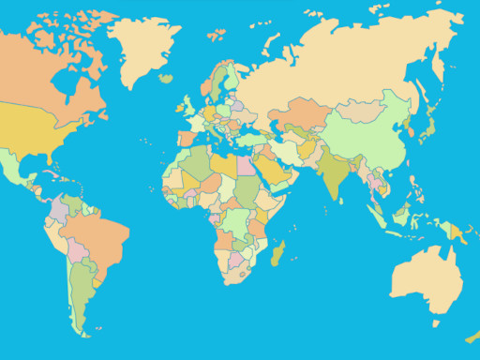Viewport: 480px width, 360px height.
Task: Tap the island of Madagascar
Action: (277, 252)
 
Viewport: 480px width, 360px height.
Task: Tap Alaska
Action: (9, 56)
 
